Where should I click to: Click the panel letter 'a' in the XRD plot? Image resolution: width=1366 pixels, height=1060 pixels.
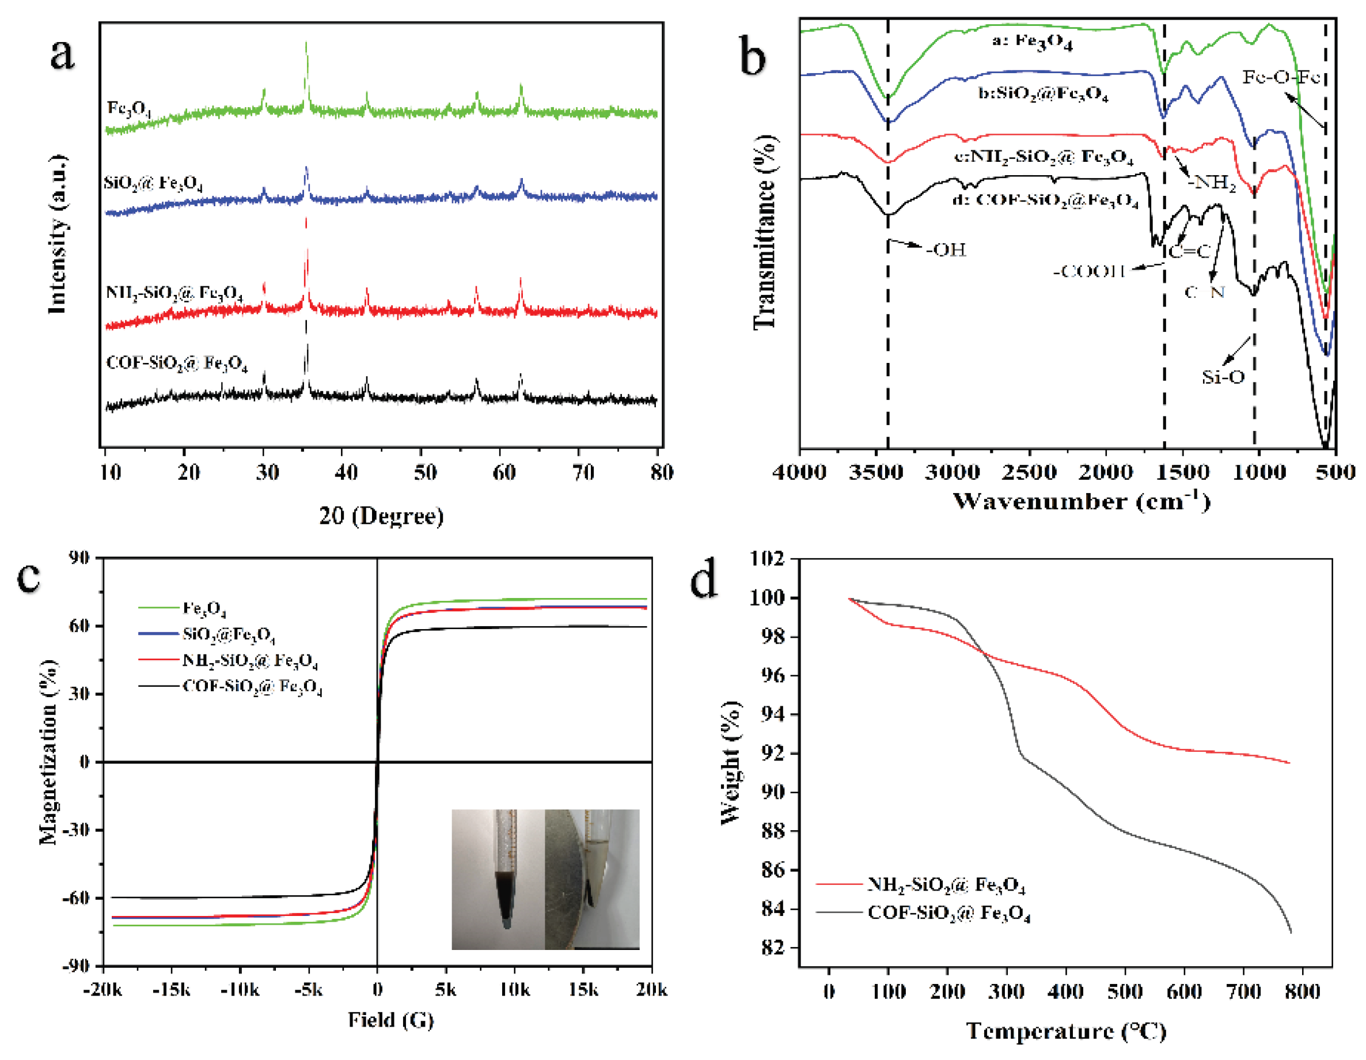click(x=62, y=54)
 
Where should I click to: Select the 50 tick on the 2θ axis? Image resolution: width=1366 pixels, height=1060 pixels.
click(x=424, y=472)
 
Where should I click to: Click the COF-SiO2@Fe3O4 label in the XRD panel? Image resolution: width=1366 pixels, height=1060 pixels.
click(x=177, y=364)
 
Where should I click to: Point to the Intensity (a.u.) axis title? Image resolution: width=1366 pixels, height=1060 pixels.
click(x=58, y=234)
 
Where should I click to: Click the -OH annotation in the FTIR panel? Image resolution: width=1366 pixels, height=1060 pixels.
click(x=946, y=250)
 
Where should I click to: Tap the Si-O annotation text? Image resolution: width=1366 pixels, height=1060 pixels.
click(x=1223, y=377)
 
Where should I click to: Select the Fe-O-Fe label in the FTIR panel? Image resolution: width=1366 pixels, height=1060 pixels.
click(x=1281, y=78)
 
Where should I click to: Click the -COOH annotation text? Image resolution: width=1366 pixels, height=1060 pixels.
click(x=1089, y=271)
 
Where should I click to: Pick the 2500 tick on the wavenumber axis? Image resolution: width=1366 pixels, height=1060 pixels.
click(x=1029, y=472)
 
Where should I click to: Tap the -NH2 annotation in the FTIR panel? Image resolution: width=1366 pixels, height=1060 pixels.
click(x=1212, y=183)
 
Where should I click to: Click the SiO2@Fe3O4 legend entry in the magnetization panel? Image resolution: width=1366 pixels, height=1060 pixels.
click(x=228, y=634)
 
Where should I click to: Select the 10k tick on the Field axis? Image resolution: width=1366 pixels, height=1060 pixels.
click(x=514, y=989)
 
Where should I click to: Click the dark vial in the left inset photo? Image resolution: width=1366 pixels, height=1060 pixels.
click(x=506, y=888)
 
